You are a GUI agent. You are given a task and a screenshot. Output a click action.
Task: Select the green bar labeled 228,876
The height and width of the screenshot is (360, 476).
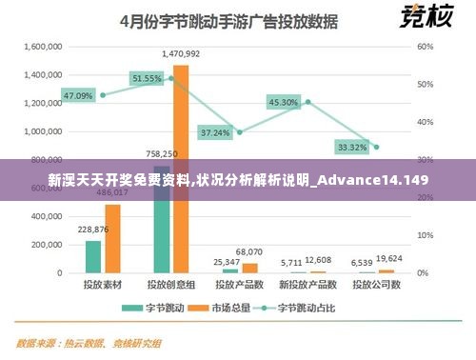(92, 255)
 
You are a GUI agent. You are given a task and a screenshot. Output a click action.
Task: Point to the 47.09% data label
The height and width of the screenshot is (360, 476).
(79, 96)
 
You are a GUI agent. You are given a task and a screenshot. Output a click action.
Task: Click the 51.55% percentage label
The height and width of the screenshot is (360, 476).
(148, 78)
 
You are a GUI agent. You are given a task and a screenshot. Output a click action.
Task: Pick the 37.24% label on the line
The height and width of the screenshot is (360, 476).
(215, 132)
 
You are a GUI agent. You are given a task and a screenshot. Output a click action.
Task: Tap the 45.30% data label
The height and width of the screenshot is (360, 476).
(284, 102)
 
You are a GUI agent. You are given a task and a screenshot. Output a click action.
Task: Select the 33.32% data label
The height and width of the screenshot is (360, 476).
(352, 147)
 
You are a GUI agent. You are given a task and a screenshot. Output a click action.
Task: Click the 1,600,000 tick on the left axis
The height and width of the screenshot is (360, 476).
(41, 46)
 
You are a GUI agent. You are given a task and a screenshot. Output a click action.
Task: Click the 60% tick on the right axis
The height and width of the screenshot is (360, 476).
(426, 46)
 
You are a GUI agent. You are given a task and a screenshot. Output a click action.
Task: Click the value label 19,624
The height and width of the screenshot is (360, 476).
(389, 258)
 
